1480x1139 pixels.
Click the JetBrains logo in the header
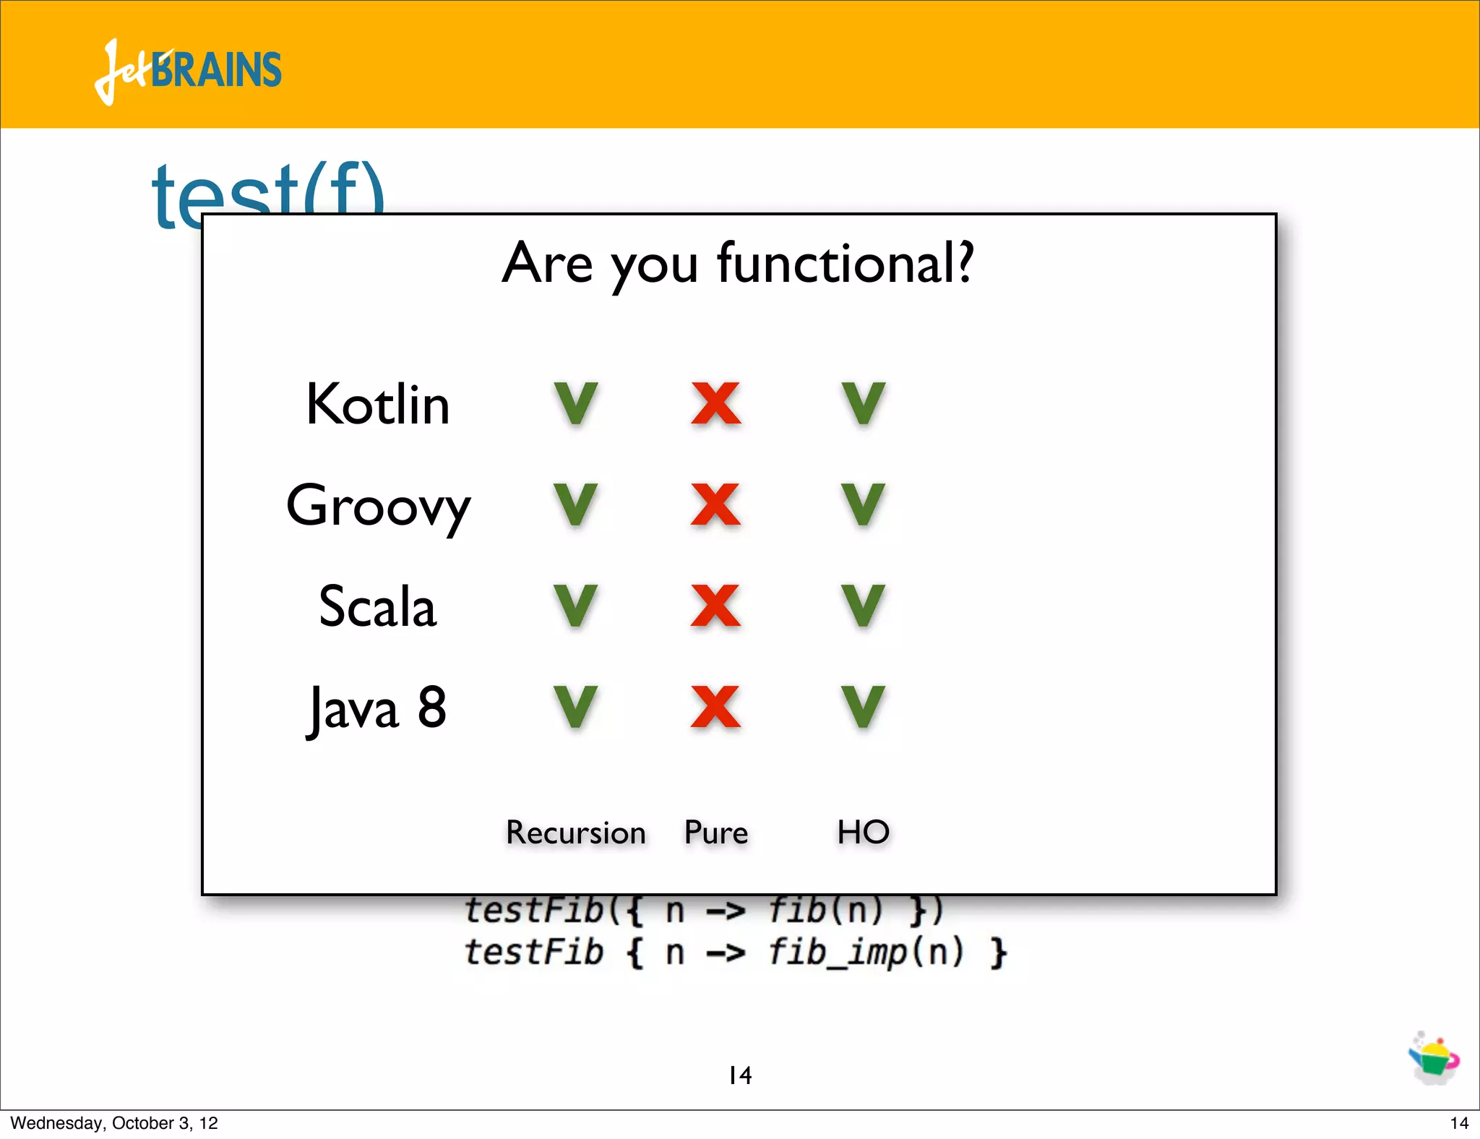click(x=188, y=71)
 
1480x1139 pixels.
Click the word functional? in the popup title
click(x=846, y=264)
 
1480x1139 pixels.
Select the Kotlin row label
click(x=377, y=405)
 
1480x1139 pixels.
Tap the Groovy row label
click(x=378, y=506)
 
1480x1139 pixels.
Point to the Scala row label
click(x=377, y=607)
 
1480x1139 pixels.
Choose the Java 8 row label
click(x=377, y=708)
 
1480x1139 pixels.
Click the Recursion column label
click(x=575, y=833)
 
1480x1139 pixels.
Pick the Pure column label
click(x=715, y=833)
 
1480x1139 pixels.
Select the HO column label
click(x=863, y=832)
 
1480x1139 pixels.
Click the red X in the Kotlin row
click(x=715, y=403)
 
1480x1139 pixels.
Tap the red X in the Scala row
click(x=715, y=606)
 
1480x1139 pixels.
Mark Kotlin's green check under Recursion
click(x=576, y=403)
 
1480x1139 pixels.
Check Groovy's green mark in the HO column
click(x=864, y=504)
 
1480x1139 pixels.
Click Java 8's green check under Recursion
click(x=576, y=707)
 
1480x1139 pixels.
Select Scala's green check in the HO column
click(x=864, y=606)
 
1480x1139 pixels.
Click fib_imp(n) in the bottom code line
click(x=866, y=952)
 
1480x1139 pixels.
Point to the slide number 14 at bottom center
click(x=740, y=1075)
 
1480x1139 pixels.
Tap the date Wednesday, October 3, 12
click(x=114, y=1123)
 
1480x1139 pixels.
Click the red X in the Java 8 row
click(x=715, y=707)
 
